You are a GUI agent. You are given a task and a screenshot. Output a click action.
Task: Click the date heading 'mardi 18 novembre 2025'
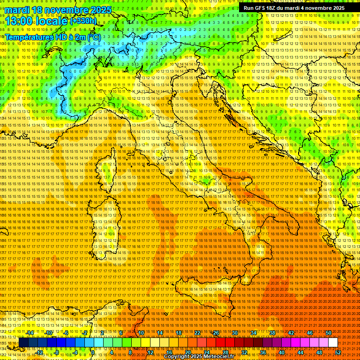(59, 10)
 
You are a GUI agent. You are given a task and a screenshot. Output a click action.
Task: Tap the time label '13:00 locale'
(37, 21)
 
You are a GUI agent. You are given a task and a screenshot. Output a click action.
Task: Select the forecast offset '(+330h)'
(84, 21)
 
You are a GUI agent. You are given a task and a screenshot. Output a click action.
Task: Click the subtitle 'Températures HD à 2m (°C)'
(52, 37)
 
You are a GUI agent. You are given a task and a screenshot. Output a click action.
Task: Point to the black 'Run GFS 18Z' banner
(294, 8)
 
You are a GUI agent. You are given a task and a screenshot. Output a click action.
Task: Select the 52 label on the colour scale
(337, 352)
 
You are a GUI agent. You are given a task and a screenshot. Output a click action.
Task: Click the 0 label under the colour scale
(93, 352)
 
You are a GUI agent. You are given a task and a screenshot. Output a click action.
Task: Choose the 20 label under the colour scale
(187, 352)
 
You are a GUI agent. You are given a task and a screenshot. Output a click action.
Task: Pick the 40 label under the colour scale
(281, 352)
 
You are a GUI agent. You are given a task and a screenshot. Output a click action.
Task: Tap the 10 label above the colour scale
(141, 333)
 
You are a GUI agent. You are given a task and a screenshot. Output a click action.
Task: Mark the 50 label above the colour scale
(329, 333)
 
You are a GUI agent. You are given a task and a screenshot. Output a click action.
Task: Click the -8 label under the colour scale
(56, 352)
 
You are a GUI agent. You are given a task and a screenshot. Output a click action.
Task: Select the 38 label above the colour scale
(272, 333)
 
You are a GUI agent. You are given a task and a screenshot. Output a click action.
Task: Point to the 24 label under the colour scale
(206, 352)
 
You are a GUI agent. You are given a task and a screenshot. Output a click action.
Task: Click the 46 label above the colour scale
(310, 333)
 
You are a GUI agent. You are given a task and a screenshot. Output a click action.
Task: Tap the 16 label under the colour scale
(169, 352)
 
